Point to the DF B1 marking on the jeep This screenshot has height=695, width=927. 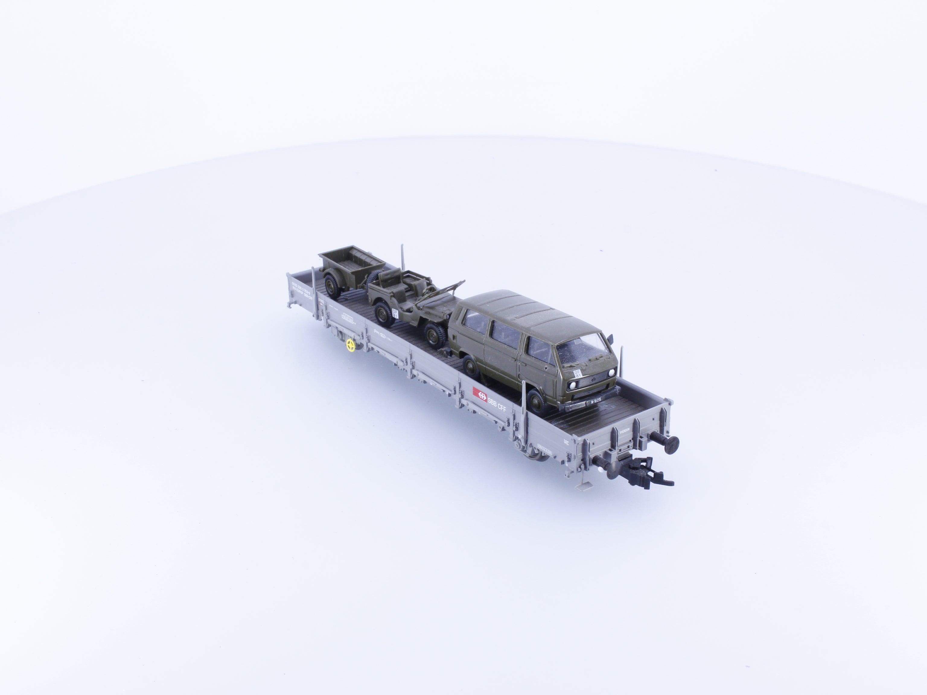(394, 312)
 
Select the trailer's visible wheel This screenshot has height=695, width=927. (331, 287)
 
